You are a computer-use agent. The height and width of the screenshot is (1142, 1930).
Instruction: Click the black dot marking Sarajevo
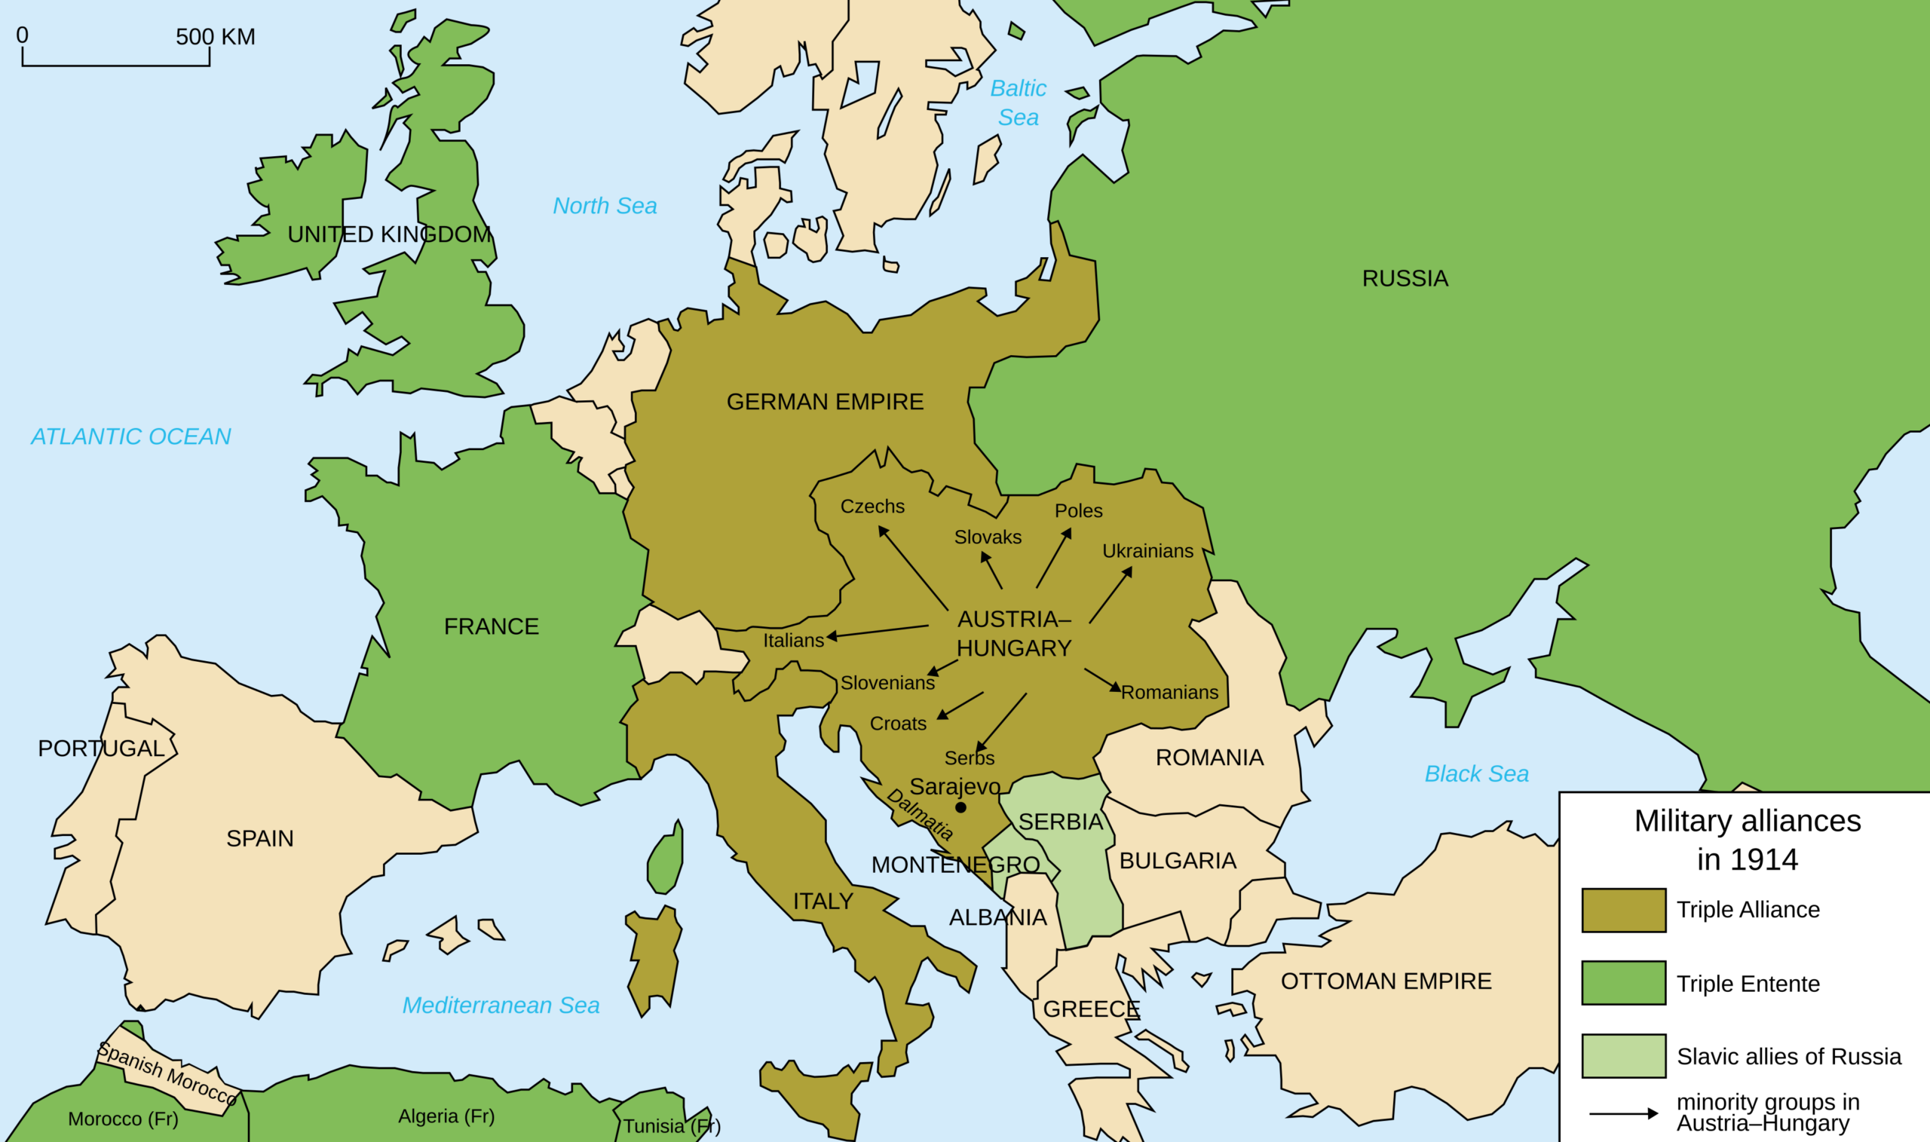click(x=960, y=807)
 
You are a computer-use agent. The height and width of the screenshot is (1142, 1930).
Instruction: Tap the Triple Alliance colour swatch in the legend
click(x=1624, y=911)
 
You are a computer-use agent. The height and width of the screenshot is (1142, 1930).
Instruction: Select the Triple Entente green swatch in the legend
click(x=1624, y=983)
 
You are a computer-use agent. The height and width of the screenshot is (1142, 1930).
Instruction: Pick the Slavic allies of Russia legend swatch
click(x=1624, y=1056)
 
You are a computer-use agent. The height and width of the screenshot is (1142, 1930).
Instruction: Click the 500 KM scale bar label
click(x=216, y=37)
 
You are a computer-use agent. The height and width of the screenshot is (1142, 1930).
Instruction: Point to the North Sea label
click(x=605, y=207)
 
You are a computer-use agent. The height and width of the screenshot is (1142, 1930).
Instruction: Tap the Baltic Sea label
click(x=1018, y=103)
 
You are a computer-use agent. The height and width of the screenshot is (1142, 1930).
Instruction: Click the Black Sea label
click(x=1476, y=774)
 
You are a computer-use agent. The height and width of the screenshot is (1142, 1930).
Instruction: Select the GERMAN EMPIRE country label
click(x=825, y=402)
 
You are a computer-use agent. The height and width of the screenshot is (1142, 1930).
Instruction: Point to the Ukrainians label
click(x=1147, y=551)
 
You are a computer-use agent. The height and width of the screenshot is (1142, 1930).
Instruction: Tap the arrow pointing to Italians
click(x=878, y=632)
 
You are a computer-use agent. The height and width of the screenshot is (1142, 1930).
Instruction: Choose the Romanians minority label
click(x=1169, y=693)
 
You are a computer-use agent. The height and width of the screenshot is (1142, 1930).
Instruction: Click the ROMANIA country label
click(x=1210, y=758)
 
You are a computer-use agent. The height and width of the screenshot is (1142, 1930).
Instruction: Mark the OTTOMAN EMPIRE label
click(x=1386, y=981)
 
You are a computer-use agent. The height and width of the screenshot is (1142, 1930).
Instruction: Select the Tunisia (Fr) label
click(x=671, y=1127)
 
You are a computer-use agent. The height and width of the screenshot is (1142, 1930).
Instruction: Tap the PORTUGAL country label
click(x=101, y=749)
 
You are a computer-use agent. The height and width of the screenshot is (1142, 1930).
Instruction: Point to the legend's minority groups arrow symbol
click(x=1624, y=1113)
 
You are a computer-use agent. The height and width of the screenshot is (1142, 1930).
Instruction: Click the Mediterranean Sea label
click(x=501, y=1006)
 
